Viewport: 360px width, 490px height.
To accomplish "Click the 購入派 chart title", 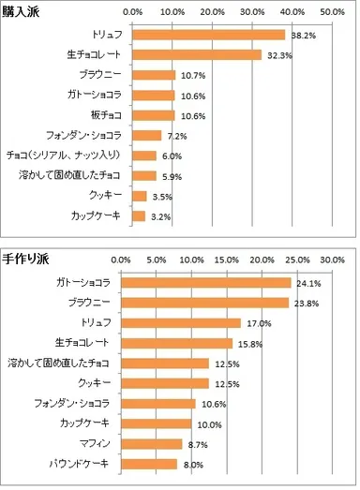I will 22,11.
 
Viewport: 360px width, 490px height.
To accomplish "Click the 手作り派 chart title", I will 26,257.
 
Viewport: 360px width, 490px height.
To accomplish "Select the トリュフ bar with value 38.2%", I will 208,35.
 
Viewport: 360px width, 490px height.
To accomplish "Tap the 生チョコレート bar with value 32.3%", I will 197,54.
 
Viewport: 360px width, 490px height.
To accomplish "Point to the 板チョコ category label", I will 108,115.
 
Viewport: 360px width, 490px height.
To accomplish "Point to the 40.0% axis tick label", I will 292,13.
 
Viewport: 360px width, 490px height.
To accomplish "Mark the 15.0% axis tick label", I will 227,260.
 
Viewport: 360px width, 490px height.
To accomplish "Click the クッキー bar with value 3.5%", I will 140,196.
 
